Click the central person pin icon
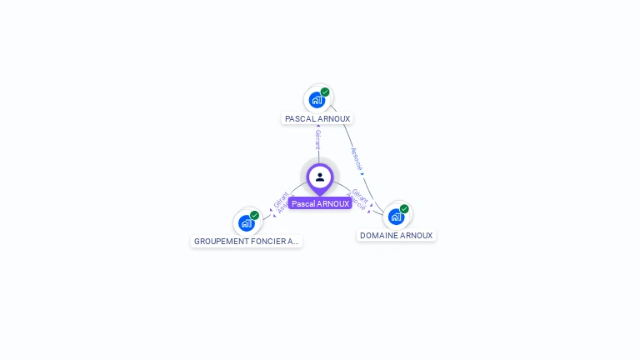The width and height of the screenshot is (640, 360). (x=320, y=177)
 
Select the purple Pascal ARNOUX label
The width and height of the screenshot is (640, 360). (x=320, y=203)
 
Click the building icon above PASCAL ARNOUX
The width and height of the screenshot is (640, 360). (x=317, y=100)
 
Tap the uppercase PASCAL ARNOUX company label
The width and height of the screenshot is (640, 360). (x=317, y=119)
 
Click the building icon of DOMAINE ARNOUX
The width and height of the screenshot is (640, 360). (x=396, y=217)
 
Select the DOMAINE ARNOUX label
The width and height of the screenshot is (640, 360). (x=397, y=236)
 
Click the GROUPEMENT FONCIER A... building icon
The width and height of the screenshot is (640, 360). (x=246, y=222)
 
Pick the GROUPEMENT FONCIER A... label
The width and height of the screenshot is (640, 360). (x=246, y=242)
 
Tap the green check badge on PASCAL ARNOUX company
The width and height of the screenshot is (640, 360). (x=325, y=92)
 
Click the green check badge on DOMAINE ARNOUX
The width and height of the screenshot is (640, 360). (x=404, y=209)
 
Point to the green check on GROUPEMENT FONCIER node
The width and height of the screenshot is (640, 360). (x=254, y=215)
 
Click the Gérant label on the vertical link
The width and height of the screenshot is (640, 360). (x=317, y=139)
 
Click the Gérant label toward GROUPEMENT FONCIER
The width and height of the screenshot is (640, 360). (x=280, y=199)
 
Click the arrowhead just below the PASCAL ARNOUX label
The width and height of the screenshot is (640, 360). (x=317, y=127)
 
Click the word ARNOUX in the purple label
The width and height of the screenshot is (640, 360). (x=332, y=203)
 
